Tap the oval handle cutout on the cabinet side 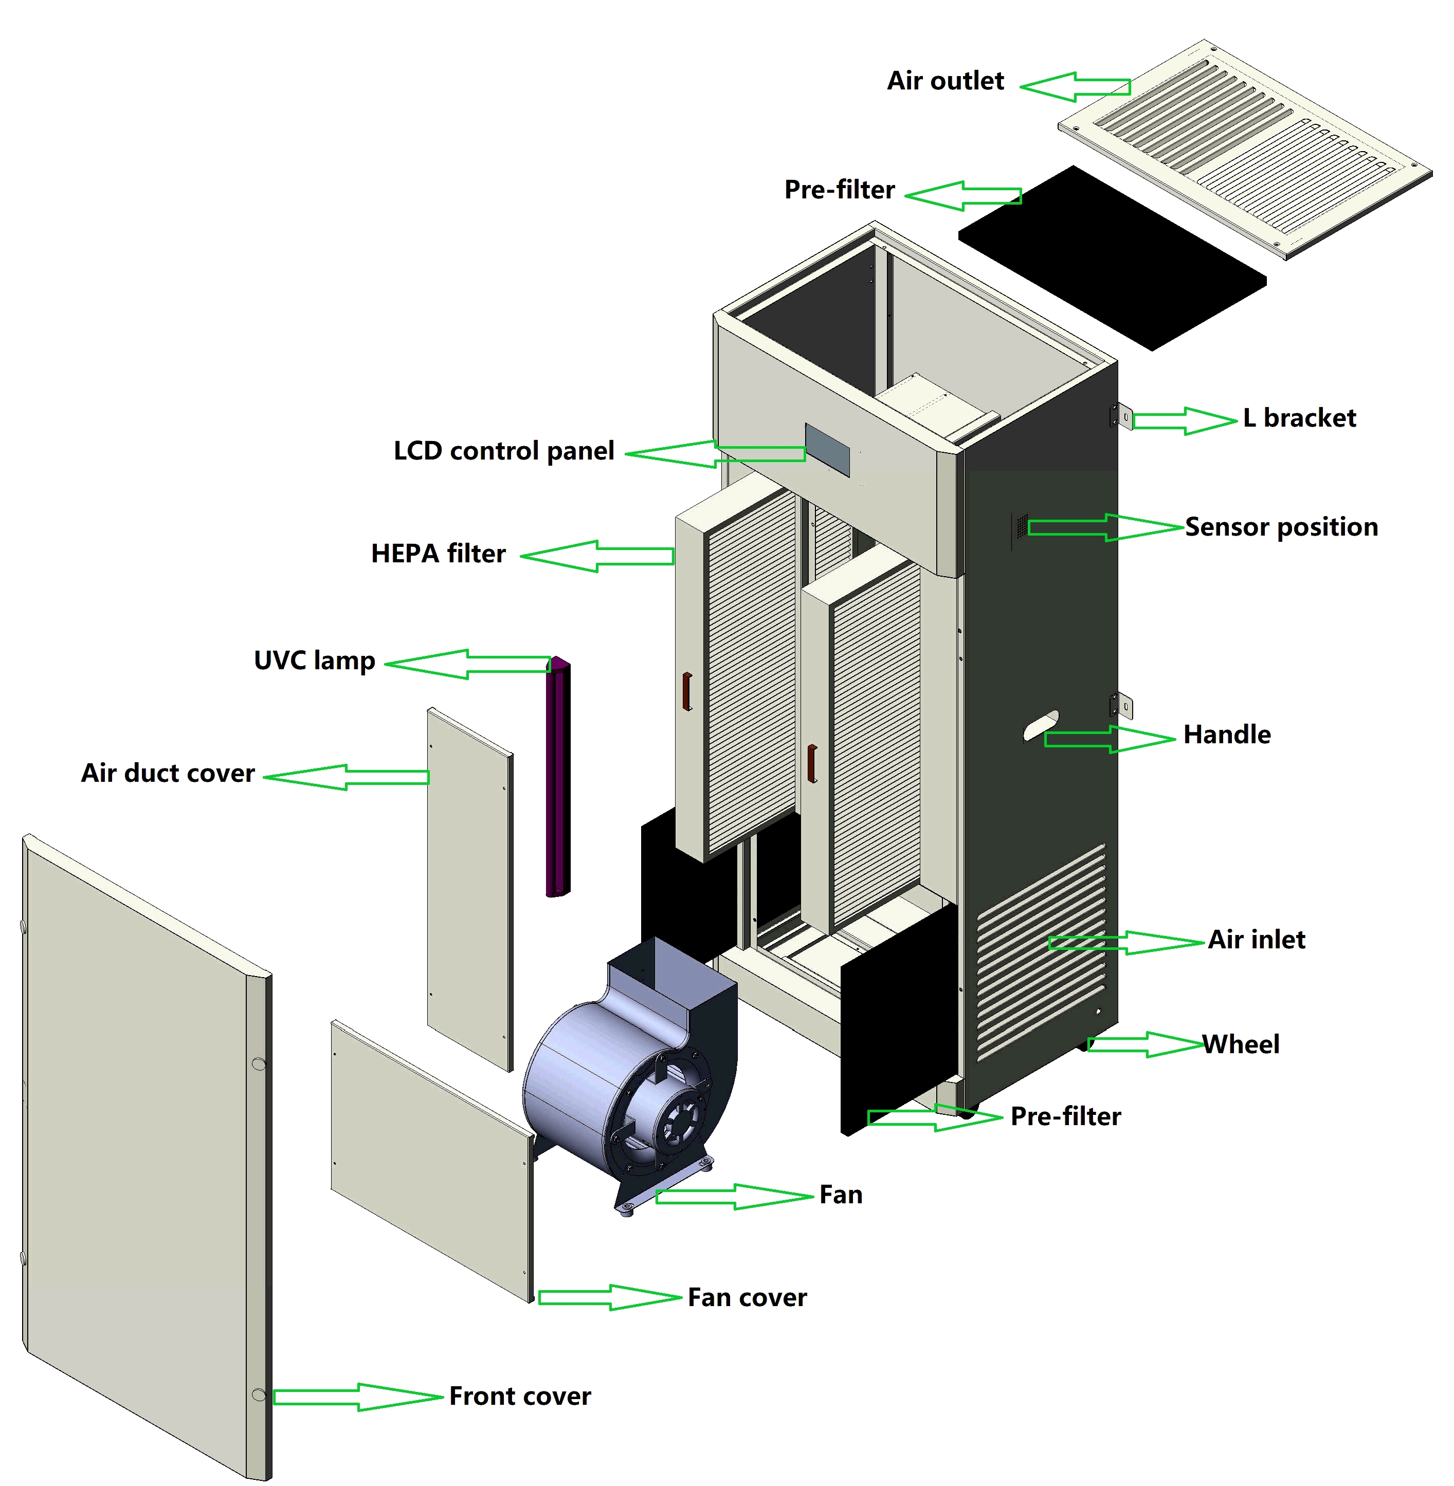tap(1041, 725)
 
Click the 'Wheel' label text tap(1241, 1044)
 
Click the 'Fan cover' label tap(747, 1297)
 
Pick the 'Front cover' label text tap(519, 1397)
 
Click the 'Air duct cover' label tap(168, 774)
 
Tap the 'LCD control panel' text tap(503, 451)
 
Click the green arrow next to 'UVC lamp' tap(467, 664)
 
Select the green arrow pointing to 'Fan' tap(733, 1197)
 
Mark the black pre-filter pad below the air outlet tap(1113, 258)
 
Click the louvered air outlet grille tap(1245, 149)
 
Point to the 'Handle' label tap(1226, 735)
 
